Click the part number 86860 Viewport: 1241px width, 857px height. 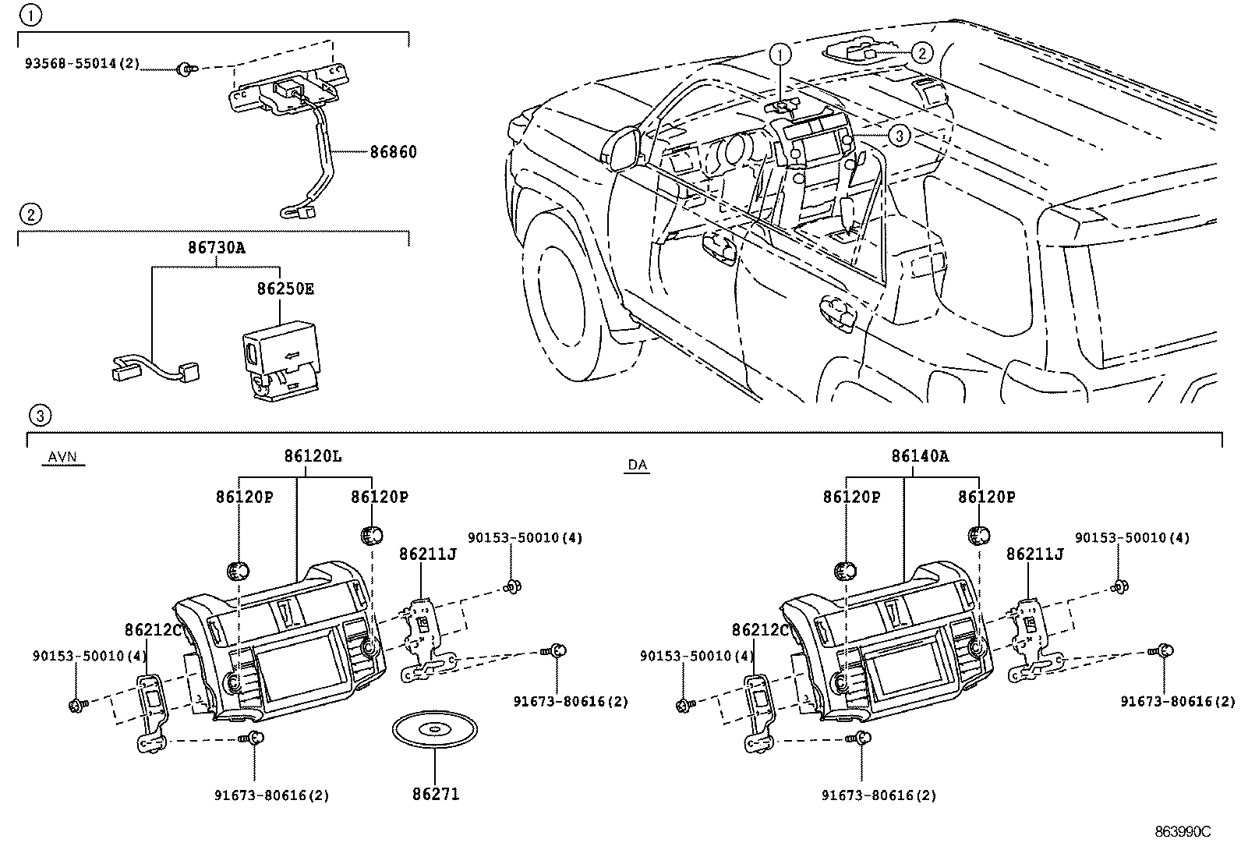pyautogui.click(x=393, y=152)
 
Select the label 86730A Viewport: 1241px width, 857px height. pyautogui.click(x=216, y=248)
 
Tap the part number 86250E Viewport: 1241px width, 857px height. pyautogui.click(x=286, y=289)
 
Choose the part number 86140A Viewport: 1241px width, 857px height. pyautogui.click(x=920, y=455)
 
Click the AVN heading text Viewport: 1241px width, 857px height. pyautogui.click(x=62, y=457)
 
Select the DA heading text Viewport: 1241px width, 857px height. pyautogui.click(x=637, y=465)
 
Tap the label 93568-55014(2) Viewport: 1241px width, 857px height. pyautogui.click(x=81, y=64)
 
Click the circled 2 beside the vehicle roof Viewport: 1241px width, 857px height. pyautogui.click(x=921, y=53)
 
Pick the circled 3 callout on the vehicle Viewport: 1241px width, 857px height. pyautogui.click(x=899, y=136)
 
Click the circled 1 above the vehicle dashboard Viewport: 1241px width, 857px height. pyautogui.click(x=780, y=54)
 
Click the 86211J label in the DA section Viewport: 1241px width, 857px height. pyautogui.click(x=1034, y=554)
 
